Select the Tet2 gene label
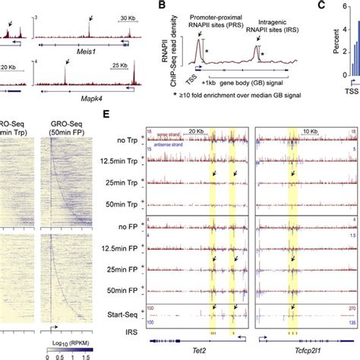pos(197,349)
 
